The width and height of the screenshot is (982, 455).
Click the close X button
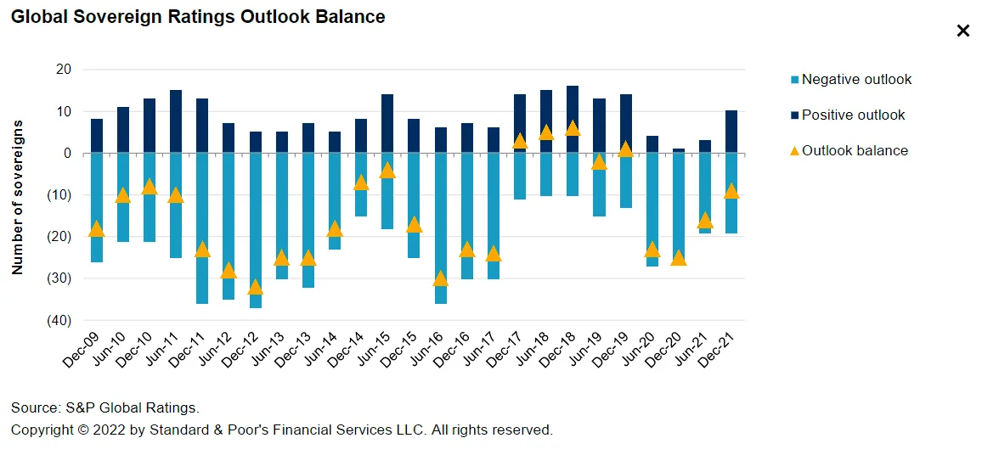(962, 31)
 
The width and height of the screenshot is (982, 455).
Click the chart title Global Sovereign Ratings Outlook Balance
(197, 17)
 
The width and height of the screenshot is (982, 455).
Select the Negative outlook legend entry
(855, 79)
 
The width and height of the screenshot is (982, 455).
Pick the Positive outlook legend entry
(853, 115)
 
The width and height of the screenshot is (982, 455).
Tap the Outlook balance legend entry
(854, 150)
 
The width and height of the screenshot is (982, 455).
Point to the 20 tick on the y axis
(63, 69)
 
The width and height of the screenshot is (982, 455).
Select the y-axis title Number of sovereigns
(17, 197)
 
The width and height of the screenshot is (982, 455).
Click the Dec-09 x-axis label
(82, 349)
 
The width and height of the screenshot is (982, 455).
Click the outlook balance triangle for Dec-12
(256, 287)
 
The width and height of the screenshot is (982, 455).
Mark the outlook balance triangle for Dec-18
(573, 128)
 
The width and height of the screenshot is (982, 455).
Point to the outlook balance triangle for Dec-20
(679, 257)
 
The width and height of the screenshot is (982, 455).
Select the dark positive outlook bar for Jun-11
(176, 121)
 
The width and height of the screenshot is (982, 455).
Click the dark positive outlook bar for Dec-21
(731, 132)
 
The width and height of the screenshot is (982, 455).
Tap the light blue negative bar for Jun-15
(387, 204)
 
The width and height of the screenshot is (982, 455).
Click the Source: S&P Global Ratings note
(105, 407)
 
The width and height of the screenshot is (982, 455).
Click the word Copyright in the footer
(42, 430)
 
